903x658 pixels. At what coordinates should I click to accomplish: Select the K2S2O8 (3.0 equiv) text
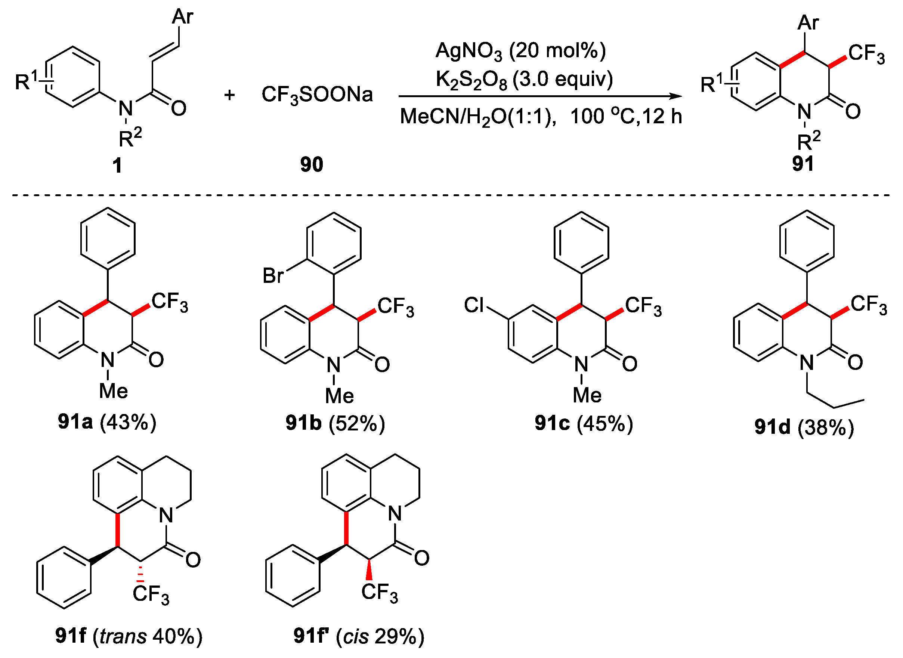524,80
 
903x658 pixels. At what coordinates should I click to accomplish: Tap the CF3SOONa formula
317,95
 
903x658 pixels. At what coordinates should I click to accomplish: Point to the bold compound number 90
311,164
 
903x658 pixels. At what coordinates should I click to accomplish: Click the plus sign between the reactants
229,95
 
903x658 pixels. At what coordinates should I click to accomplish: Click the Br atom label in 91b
273,275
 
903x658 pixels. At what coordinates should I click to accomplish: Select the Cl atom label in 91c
474,305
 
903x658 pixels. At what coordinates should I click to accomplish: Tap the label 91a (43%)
107,421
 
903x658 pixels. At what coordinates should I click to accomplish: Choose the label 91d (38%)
804,427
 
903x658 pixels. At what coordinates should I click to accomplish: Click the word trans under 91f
123,636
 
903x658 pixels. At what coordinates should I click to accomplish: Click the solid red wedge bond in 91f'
369,569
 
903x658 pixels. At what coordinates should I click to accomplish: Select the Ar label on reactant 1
182,17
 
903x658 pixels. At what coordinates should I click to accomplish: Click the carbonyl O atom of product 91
853,111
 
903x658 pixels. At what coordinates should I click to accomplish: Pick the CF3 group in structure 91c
643,306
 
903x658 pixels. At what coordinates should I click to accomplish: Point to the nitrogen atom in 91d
807,362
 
